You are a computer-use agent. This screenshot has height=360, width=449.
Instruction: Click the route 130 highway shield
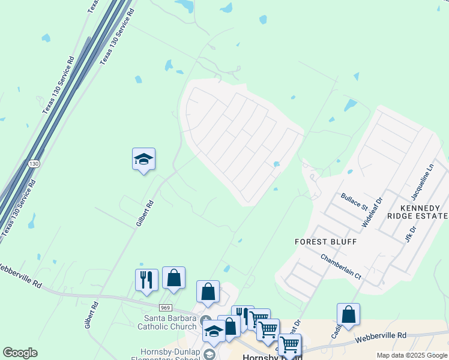point(35,164)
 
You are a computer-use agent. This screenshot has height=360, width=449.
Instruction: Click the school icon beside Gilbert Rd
point(143,160)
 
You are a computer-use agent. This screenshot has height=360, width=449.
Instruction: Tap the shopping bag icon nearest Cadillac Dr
point(348,315)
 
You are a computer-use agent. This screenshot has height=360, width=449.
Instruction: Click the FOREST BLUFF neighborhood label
point(326,242)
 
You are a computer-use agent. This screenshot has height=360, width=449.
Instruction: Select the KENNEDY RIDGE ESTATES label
point(418,211)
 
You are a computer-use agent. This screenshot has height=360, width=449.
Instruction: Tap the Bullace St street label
point(354,200)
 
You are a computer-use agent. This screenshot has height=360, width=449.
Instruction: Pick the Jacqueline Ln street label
point(422,184)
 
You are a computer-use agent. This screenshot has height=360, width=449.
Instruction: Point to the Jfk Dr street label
point(412,233)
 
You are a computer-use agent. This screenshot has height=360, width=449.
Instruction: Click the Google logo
point(20,353)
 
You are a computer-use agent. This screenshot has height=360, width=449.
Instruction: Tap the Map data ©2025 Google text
point(412,355)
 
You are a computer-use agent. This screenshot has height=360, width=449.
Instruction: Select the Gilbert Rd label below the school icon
point(145,213)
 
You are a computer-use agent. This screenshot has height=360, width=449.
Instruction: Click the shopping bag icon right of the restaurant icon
point(173,278)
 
